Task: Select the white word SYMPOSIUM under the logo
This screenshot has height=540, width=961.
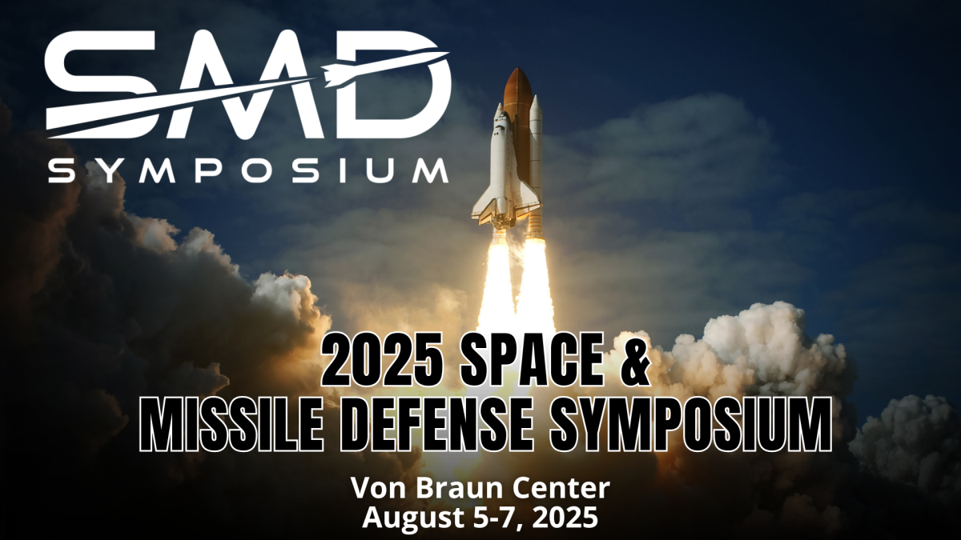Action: [248, 170]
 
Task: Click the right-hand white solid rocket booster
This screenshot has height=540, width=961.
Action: [537, 163]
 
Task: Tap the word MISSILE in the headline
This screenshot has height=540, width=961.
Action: [231, 424]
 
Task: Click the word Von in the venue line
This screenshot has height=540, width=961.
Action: [378, 489]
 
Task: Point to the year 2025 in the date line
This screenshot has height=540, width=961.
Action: [566, 518]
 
